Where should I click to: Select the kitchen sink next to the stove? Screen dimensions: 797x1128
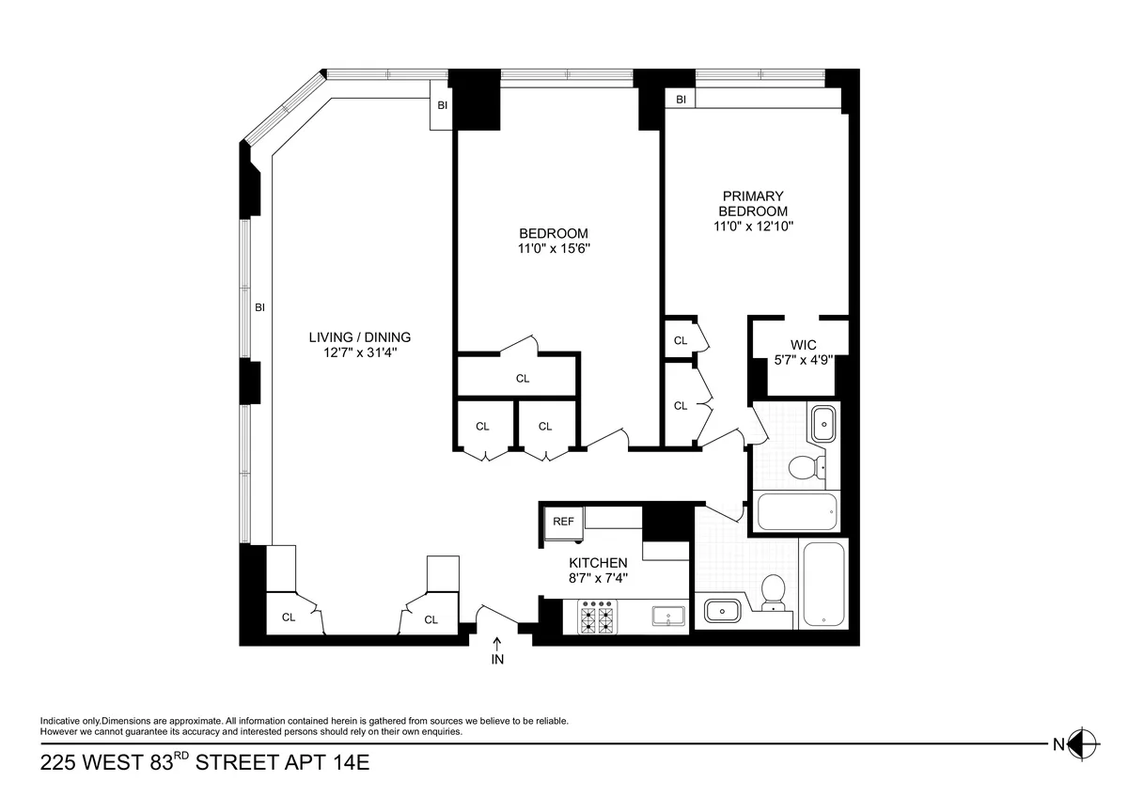pos(669,617)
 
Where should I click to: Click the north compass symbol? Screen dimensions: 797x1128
pos(1083,744)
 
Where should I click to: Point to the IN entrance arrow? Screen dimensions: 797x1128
pos(497,651)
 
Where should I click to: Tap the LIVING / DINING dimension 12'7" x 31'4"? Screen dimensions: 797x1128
pos(360,352)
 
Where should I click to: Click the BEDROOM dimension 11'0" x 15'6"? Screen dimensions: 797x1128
pos(554,249)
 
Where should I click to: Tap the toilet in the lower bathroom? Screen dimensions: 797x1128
pos(773,591)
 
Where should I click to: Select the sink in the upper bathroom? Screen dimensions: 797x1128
pos(824,423)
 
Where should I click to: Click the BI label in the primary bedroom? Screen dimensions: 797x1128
pos(681,100)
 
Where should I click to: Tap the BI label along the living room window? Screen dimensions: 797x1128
pos(259,306)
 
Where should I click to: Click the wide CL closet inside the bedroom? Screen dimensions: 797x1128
pos(523,378)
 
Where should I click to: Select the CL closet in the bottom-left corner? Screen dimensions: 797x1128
pos(289,617)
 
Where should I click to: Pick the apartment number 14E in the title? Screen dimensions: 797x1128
pos(345,762)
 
